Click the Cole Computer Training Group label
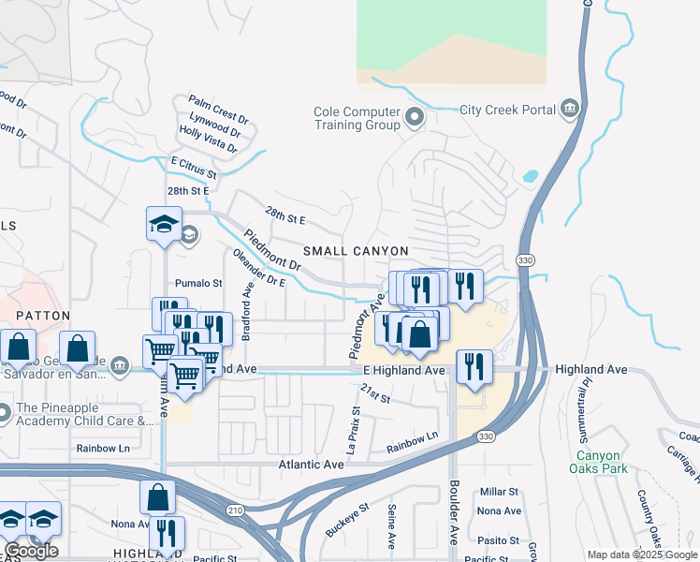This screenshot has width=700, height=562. [x=357, y=118]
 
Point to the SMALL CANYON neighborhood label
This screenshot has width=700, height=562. [x=356, y=251]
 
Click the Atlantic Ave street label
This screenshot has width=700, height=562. [x=314, y=465]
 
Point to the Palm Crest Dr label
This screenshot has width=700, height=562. [x=217, y=108]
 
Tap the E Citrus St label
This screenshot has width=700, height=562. [x=193, y=168]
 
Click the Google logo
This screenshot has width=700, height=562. [x=32, y=552]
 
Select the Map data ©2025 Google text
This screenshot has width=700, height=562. [x=641, y=555]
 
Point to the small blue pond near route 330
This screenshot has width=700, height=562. [x=530, y=175]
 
